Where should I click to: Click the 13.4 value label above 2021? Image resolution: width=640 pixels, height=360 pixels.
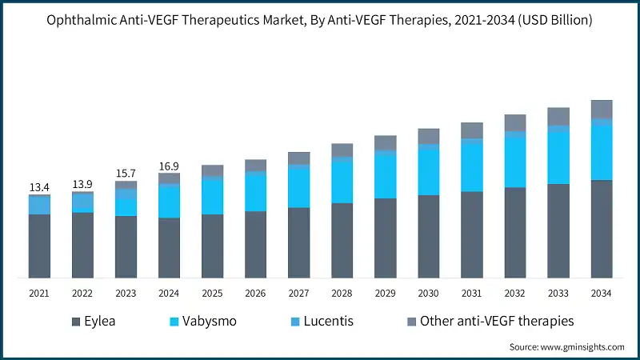39,187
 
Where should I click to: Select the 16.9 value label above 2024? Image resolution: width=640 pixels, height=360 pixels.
169,166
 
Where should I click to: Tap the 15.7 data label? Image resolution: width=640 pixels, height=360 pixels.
126,174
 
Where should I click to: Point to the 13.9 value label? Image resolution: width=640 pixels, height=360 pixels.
82,184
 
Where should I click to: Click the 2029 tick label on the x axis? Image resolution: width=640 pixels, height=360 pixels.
386,294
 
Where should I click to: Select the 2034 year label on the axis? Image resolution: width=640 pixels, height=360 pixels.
602,294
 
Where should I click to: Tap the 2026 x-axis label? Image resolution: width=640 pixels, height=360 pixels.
255,294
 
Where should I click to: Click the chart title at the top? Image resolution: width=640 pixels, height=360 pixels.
320,19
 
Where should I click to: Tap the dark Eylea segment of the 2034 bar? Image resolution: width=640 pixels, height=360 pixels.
602,229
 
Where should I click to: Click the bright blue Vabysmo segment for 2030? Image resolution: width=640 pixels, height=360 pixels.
429,171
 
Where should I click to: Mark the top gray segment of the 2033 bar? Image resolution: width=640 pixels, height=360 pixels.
558,117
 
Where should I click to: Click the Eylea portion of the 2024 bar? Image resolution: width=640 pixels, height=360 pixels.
169,248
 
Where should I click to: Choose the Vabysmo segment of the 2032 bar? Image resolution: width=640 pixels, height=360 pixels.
515,162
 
